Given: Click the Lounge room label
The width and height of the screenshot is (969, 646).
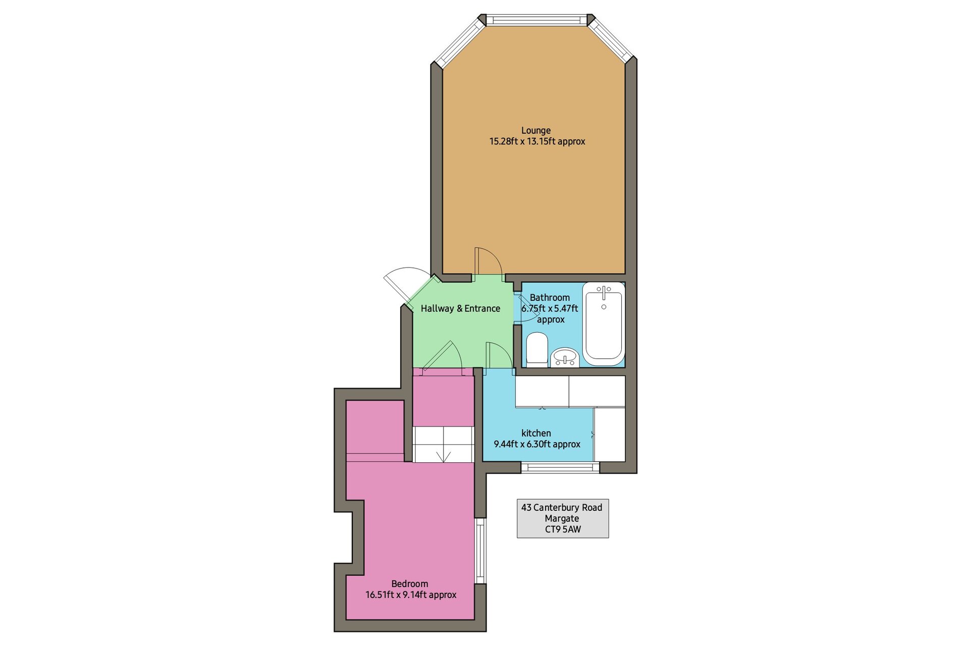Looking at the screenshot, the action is point(535,130).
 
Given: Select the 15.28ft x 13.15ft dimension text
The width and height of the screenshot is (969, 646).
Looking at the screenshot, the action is point(537,141).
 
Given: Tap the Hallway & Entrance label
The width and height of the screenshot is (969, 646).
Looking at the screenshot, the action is point(460,308).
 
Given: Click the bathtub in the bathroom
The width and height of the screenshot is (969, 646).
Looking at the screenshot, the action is point(604,324).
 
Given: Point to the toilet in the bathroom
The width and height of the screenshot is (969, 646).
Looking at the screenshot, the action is point(537,349).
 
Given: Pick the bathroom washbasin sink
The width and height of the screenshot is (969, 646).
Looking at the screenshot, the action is point(565,357).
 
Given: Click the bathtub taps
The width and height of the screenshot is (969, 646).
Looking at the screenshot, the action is point(604,291).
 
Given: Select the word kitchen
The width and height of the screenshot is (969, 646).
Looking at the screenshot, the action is point(536,433).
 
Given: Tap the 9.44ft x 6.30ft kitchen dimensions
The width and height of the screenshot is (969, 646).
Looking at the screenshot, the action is point(537,444).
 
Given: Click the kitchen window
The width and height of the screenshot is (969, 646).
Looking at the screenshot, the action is point(560,467).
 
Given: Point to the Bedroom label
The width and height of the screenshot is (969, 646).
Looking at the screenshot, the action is point(410,583).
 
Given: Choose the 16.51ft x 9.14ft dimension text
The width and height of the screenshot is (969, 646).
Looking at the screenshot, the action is point(411,595).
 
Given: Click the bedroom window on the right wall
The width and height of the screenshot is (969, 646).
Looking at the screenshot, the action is point(480,551).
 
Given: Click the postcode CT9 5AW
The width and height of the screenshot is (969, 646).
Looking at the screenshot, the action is point(563,529).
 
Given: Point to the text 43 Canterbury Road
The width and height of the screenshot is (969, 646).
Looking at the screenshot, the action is point(562,507).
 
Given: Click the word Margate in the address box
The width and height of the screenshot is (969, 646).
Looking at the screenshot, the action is point(562,518).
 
